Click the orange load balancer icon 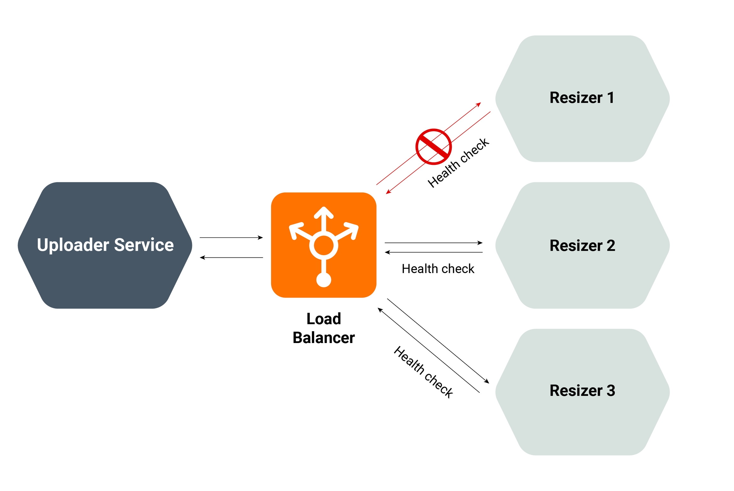[323, 245]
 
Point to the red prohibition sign [433, 147]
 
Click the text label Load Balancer [323, 328]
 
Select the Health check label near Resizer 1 [458, 163]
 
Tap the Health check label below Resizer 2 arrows [438, 269]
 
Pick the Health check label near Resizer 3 [423, 372]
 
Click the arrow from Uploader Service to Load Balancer [231, 237]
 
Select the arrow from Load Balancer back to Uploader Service [231, 257]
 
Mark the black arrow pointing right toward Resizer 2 [433, 243]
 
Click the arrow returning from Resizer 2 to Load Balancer [433, 252]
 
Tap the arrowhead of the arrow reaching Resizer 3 [486, 381]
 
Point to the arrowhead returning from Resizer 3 [380, 310]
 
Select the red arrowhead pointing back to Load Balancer [388, 192]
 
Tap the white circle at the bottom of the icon [324, 280]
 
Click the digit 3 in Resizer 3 [611, 390]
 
